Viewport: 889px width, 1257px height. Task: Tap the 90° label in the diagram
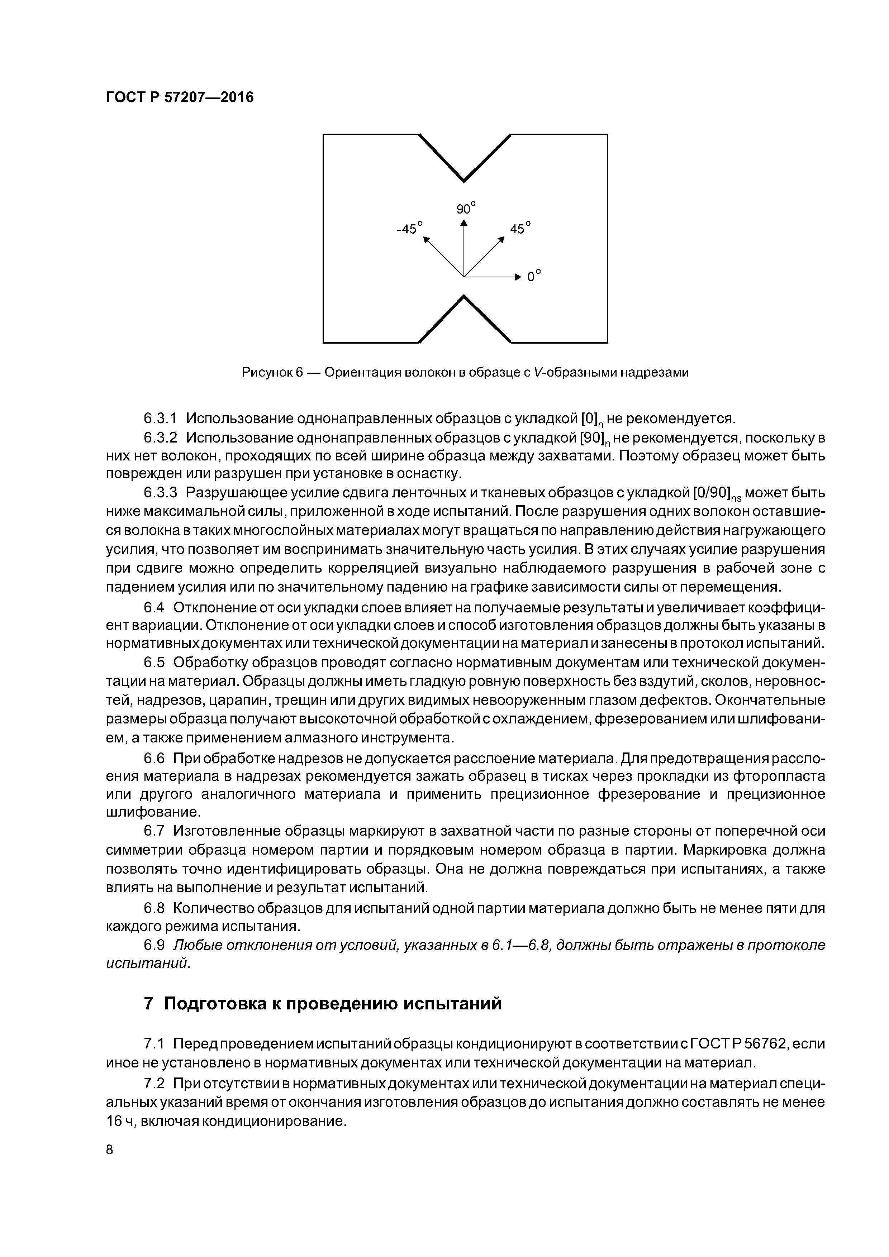tap(466, 209)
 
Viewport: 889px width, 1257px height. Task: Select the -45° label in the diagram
tap(410, 228)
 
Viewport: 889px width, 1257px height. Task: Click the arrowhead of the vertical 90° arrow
tap(464, 222)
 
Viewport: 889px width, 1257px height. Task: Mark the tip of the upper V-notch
tap(464, 181)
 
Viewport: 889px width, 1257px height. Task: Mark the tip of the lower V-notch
tap(464, 296)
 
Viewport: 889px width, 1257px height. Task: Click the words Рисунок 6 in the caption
tap(272, 373)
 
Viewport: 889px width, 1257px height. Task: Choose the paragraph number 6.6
tap(153, 759)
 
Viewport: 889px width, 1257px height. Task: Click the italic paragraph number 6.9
tap(153, 946)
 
